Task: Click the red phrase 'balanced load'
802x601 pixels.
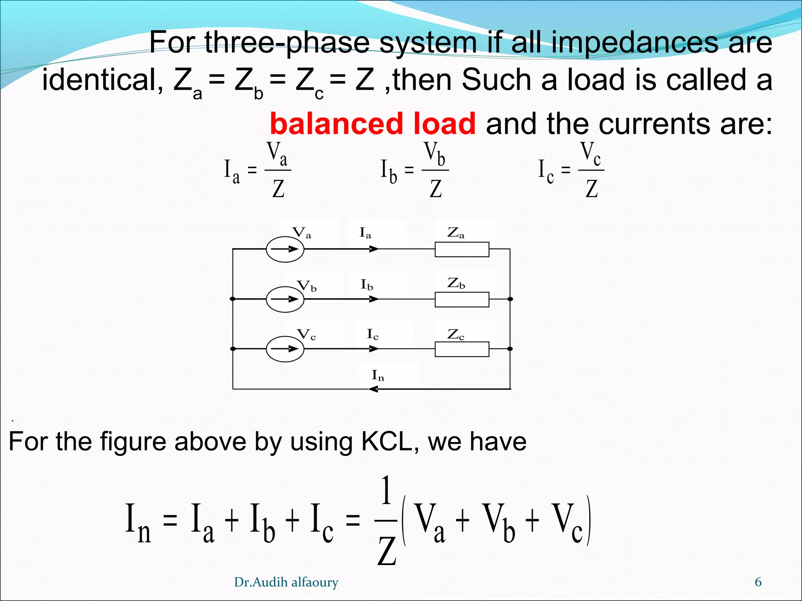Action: (372, 124)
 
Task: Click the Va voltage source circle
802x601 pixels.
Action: (285, 249)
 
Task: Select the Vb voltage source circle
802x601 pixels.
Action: (285, 299)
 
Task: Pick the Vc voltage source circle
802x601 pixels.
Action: (285, 349)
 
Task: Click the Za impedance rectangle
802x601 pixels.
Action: (462, 249)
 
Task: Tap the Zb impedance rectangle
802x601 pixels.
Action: (462, 299)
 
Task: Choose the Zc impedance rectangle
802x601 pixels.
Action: (462, 349)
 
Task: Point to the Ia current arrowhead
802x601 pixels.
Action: (374, 249)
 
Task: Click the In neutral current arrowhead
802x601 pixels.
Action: (373, 389)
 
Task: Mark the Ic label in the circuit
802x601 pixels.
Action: (372, 335)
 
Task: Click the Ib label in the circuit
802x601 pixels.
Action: (367, 284)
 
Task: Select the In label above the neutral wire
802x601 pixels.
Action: (378, 375)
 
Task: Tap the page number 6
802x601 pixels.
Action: (758, 582)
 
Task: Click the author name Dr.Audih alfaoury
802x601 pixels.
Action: (286, 582)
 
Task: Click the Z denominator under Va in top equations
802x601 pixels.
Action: (278, 189)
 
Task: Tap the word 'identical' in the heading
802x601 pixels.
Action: (102, 80)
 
